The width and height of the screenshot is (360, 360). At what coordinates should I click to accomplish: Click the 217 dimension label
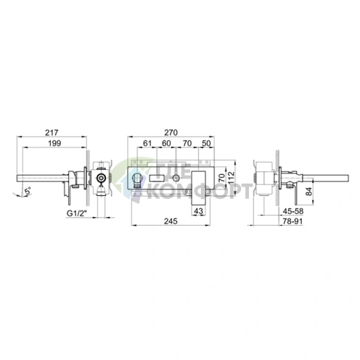[x=52, y=133]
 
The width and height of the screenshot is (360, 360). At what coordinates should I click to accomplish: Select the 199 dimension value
[x=54, y=143]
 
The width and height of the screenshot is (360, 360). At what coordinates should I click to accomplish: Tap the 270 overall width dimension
[x=171, y=133]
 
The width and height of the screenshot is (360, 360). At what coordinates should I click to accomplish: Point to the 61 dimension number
[x=147, y=143]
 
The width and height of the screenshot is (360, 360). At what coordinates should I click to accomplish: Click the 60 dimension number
[x=166, y=143]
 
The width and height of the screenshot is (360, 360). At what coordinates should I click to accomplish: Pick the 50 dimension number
[x=206, y=143]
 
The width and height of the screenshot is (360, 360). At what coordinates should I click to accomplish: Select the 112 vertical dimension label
[x=232, y=178]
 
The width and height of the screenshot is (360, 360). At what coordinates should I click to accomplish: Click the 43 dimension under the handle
[x=199, y=211]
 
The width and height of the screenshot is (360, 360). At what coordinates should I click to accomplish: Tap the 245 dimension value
[x=171, y=221]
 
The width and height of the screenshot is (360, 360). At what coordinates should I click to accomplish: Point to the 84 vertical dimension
[x=309, y=192]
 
